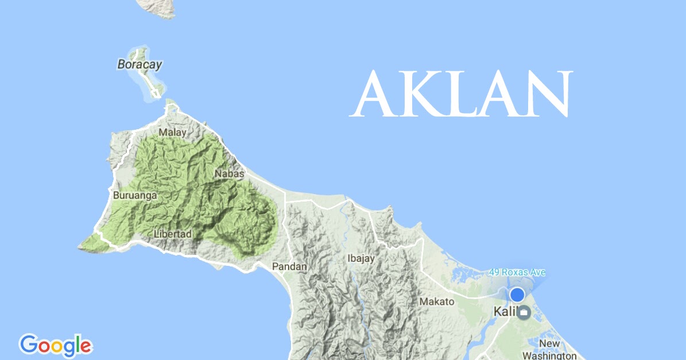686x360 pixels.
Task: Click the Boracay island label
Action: (x=139, y=64)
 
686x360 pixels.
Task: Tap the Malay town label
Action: (x=173, y=133)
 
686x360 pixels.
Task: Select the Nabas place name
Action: (x=230, y=173)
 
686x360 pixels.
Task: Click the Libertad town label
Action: (x=172, y=234)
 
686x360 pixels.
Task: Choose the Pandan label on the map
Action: (x=289, y=266)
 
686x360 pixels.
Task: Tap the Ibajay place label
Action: (x=361, y=258)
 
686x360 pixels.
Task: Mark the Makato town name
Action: (x=437, y=301)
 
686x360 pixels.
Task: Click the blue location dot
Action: (x=517, y=295)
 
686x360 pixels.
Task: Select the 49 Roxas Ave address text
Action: (x=517, y=272)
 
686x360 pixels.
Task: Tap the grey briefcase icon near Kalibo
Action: (x=524, y=313)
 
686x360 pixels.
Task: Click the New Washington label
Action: (x=549, y=350)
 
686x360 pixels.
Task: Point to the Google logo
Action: (x=56, y=346)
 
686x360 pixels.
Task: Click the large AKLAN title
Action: (x=462, y=95)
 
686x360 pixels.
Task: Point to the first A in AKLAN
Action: (x=373, y=95)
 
